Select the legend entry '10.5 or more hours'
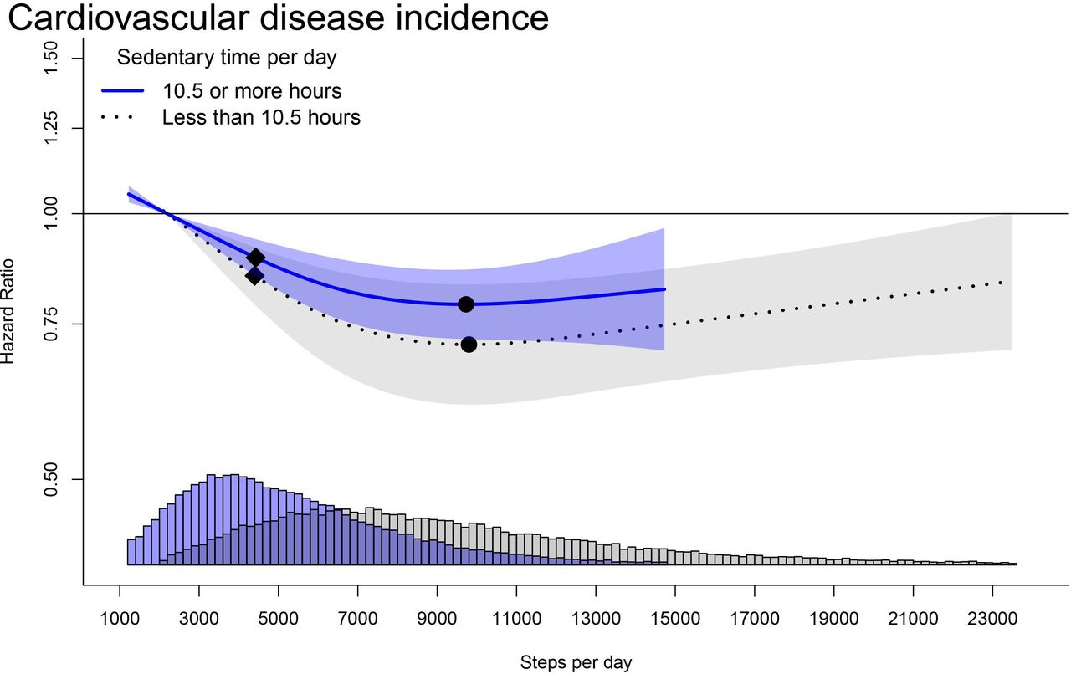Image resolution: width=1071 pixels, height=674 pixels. click(x=252, y=89)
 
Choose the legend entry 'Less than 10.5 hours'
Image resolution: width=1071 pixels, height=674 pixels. click(x=261, y=117)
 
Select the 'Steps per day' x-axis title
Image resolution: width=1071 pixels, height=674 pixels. click(x=576, y=663)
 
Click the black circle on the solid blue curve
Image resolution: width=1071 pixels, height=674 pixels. click(x=466, y=304)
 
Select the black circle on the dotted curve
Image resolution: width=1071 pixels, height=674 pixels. click(x=469, y=344)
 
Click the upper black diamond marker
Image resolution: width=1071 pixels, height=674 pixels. click(x=256, y=258)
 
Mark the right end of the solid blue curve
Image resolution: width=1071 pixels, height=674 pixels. click(x=664, y=289)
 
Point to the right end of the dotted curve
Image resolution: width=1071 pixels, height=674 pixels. click(x=1002, y=283)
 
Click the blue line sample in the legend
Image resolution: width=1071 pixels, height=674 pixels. click(x=123, y=89)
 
